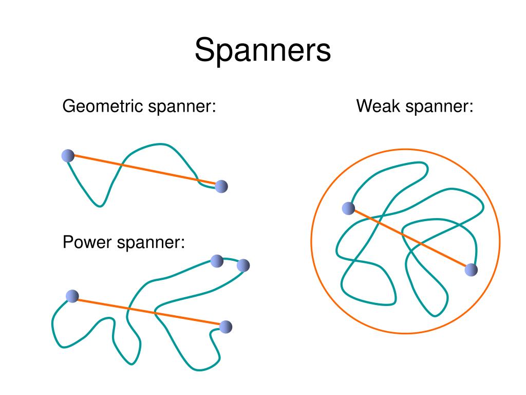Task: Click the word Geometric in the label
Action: click(x=103, y=107)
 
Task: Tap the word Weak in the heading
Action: click(x=379, y=107)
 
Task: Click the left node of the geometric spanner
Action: click(x=68, y=155)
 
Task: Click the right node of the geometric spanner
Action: click(x=221, y=186)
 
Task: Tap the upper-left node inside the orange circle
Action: click(x=348, y=208)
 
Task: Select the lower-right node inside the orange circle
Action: click(x=471, y=270)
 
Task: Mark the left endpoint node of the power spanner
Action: click(x=72, y=296)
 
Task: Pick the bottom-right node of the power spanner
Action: click(x=226, y=327)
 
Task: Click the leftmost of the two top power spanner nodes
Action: click(x=217, y=261)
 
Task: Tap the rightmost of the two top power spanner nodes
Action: click(x=243, y=265)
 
